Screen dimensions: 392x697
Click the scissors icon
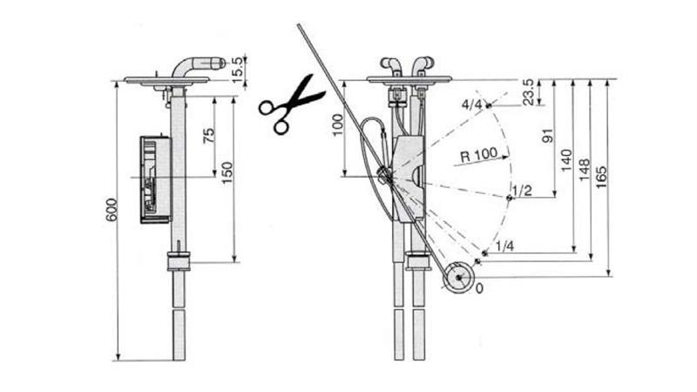click(x=290, y=104)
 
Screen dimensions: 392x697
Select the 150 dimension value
click(x=227, y=172)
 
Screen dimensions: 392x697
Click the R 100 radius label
click(x=478, y=155)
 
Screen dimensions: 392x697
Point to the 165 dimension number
click(x=602, y=174)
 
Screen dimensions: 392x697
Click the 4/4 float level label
click(x=472, y=105)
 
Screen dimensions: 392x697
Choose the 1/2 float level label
click(x=523, y=190)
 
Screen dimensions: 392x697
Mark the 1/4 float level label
click(x=504, y=247)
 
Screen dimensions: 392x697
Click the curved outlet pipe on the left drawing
click(x=196, y=65)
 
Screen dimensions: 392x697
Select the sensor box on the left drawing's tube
click(x=153, y=179)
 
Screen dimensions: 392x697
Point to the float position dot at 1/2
click(x=509, y=199)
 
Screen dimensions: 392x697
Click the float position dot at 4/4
click(x=489, y=106)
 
